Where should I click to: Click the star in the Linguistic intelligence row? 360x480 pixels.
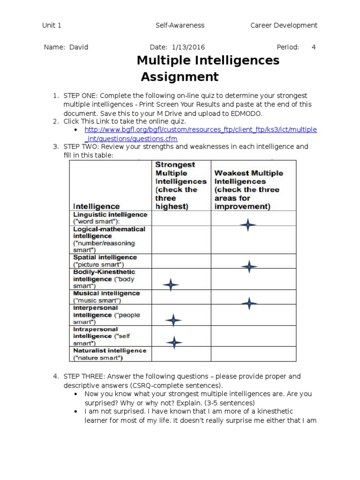tap(248, 225)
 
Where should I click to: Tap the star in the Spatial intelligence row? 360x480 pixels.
tap(249, 266)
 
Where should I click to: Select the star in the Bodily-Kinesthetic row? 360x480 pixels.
tap(171, 284)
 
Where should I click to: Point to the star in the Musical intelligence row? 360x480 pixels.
tap(249, 303)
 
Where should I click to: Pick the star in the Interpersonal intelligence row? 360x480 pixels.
tap(173, 320)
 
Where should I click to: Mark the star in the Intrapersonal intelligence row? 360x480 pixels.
tap(174, 343)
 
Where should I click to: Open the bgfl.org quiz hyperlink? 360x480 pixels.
tap(200, 130)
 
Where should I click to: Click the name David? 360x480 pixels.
tap(79, 47)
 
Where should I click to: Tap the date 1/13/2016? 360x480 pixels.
tap(188, 47)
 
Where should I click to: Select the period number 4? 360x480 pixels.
tap(314, 47)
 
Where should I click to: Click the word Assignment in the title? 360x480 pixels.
tap(180, 77)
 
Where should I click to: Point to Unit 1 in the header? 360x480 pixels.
tap(52, 25)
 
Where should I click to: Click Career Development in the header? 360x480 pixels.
tap(284, 25)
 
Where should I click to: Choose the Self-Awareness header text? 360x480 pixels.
tap(180, 25)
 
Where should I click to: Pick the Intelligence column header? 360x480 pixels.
tap(96, 206)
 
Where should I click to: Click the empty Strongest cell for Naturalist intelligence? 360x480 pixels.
tap(181, 354)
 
